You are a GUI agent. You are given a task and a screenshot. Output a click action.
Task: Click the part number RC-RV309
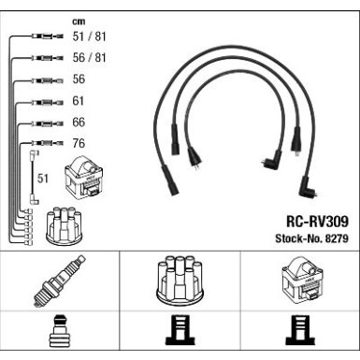click(317, 222)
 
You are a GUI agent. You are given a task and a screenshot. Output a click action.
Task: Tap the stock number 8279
click(337, 238)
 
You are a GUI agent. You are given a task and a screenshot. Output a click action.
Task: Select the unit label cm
click(79, 22)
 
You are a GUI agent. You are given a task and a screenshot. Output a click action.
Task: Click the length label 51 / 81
click(89, 36)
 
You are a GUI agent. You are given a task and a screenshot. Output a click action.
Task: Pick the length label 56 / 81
click(89, 58)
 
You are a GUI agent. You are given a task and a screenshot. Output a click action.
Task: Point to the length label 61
click(79, 101)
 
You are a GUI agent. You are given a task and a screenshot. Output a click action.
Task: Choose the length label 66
click(79, 122)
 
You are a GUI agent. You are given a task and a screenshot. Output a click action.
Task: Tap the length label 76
click(79, 143)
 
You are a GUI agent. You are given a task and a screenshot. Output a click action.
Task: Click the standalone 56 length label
click(79, 79)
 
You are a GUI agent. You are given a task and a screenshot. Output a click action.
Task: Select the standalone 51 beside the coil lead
click(43, 179)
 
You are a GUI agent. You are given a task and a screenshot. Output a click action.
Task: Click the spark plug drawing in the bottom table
click(59, 281)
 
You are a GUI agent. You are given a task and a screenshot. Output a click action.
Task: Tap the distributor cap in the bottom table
click(180, 280)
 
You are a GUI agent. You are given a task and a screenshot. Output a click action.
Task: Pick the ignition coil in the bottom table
click(301, 280)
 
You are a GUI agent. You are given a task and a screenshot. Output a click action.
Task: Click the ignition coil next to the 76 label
click(84, 177)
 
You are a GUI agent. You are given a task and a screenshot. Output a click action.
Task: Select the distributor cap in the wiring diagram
click(64, 225)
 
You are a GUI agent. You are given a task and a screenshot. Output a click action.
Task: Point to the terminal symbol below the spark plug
click(60, 331)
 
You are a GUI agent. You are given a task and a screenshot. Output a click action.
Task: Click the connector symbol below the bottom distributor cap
click(180, 330)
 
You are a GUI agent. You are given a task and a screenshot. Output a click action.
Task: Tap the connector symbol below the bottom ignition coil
click(300, 330)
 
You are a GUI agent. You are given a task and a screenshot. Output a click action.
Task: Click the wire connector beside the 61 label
click(48, 102)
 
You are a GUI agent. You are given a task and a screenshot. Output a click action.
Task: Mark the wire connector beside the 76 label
click(48, 143)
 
